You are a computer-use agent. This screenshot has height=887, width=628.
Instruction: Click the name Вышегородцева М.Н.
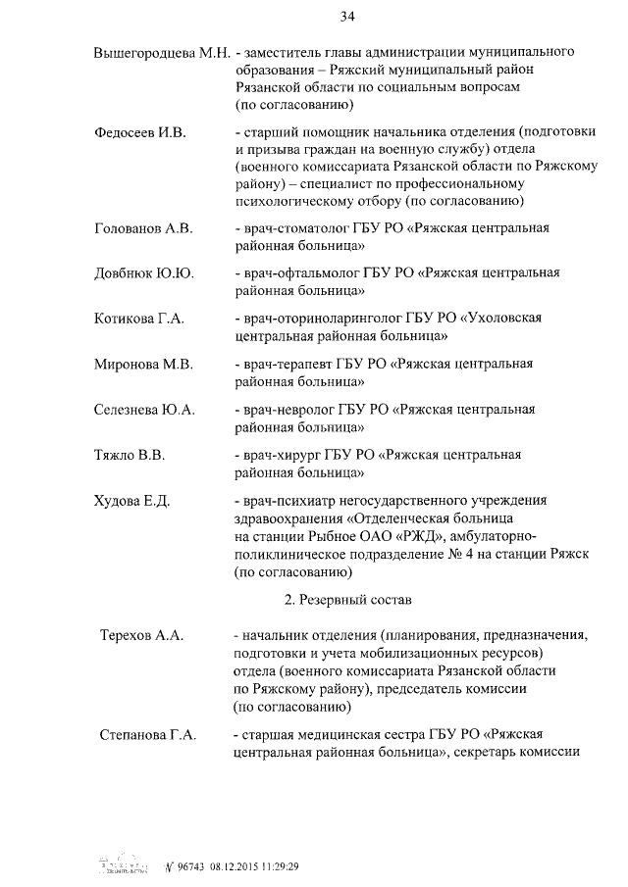(162, 51)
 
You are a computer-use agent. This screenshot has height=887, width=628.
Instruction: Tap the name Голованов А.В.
(143, 227)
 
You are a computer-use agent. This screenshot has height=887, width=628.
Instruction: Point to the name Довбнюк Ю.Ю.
(143, 272)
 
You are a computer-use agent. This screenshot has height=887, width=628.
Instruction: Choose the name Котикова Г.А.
(139, 319)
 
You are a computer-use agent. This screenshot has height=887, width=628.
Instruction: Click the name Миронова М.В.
(143, 364)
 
